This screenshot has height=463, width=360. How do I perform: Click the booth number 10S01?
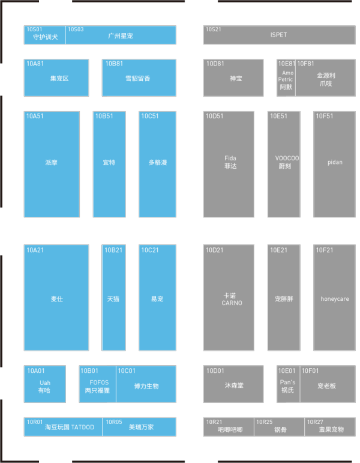coord(34,29)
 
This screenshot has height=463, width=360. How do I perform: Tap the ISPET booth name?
coord(278,35)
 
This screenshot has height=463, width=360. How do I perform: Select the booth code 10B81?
coord(114,64)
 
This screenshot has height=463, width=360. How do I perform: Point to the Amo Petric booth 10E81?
coord(286,78)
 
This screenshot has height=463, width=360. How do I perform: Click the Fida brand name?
coord(230,158)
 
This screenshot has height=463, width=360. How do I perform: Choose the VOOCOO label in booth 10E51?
coord(287,158)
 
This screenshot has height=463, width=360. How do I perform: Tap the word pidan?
coord(335,162)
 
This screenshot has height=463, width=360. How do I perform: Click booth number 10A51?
coord(35,116)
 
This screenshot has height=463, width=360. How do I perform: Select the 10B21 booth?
coord(113,298)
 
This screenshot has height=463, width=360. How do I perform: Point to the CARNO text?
coord(232,303)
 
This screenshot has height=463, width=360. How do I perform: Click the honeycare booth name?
coord(335,299)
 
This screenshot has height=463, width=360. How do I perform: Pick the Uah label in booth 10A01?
coord(45,383)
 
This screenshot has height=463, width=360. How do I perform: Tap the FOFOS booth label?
coord(99,383)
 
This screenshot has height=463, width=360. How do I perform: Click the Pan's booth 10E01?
coord(288,384)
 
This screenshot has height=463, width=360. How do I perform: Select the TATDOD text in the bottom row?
coord(83,427)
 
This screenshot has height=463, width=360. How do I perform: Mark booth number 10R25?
coord(265,422)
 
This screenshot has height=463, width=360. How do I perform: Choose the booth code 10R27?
coord(315,422)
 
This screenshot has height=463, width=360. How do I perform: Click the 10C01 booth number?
coord(127,371)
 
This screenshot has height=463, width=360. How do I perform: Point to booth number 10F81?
coord(306,64)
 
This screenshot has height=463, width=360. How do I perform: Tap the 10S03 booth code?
coord(76,29)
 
